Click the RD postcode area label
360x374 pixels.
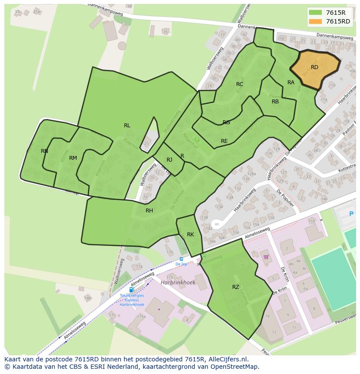(314, 67)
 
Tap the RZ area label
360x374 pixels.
(235, 287)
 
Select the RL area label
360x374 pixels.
(127, 126)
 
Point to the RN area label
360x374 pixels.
(44, 151)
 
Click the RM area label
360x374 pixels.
(73, 158)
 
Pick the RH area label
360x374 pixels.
(149, 211)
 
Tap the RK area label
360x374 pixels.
(190, 235)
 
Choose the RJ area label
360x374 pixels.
(170, 160)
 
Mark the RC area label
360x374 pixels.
(240, 84)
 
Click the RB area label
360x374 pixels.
(275, 102)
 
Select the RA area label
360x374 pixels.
(291, 83)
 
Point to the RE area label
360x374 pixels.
(224, 141)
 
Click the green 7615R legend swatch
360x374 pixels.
(315, 13)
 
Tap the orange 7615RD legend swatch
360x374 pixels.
(315, 21)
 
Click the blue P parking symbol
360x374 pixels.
(351, 214)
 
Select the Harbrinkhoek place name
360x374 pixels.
(178, 282)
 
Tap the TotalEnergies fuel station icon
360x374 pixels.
(131, 290)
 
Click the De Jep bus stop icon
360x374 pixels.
(181, 259)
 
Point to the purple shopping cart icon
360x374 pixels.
(266, 257)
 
